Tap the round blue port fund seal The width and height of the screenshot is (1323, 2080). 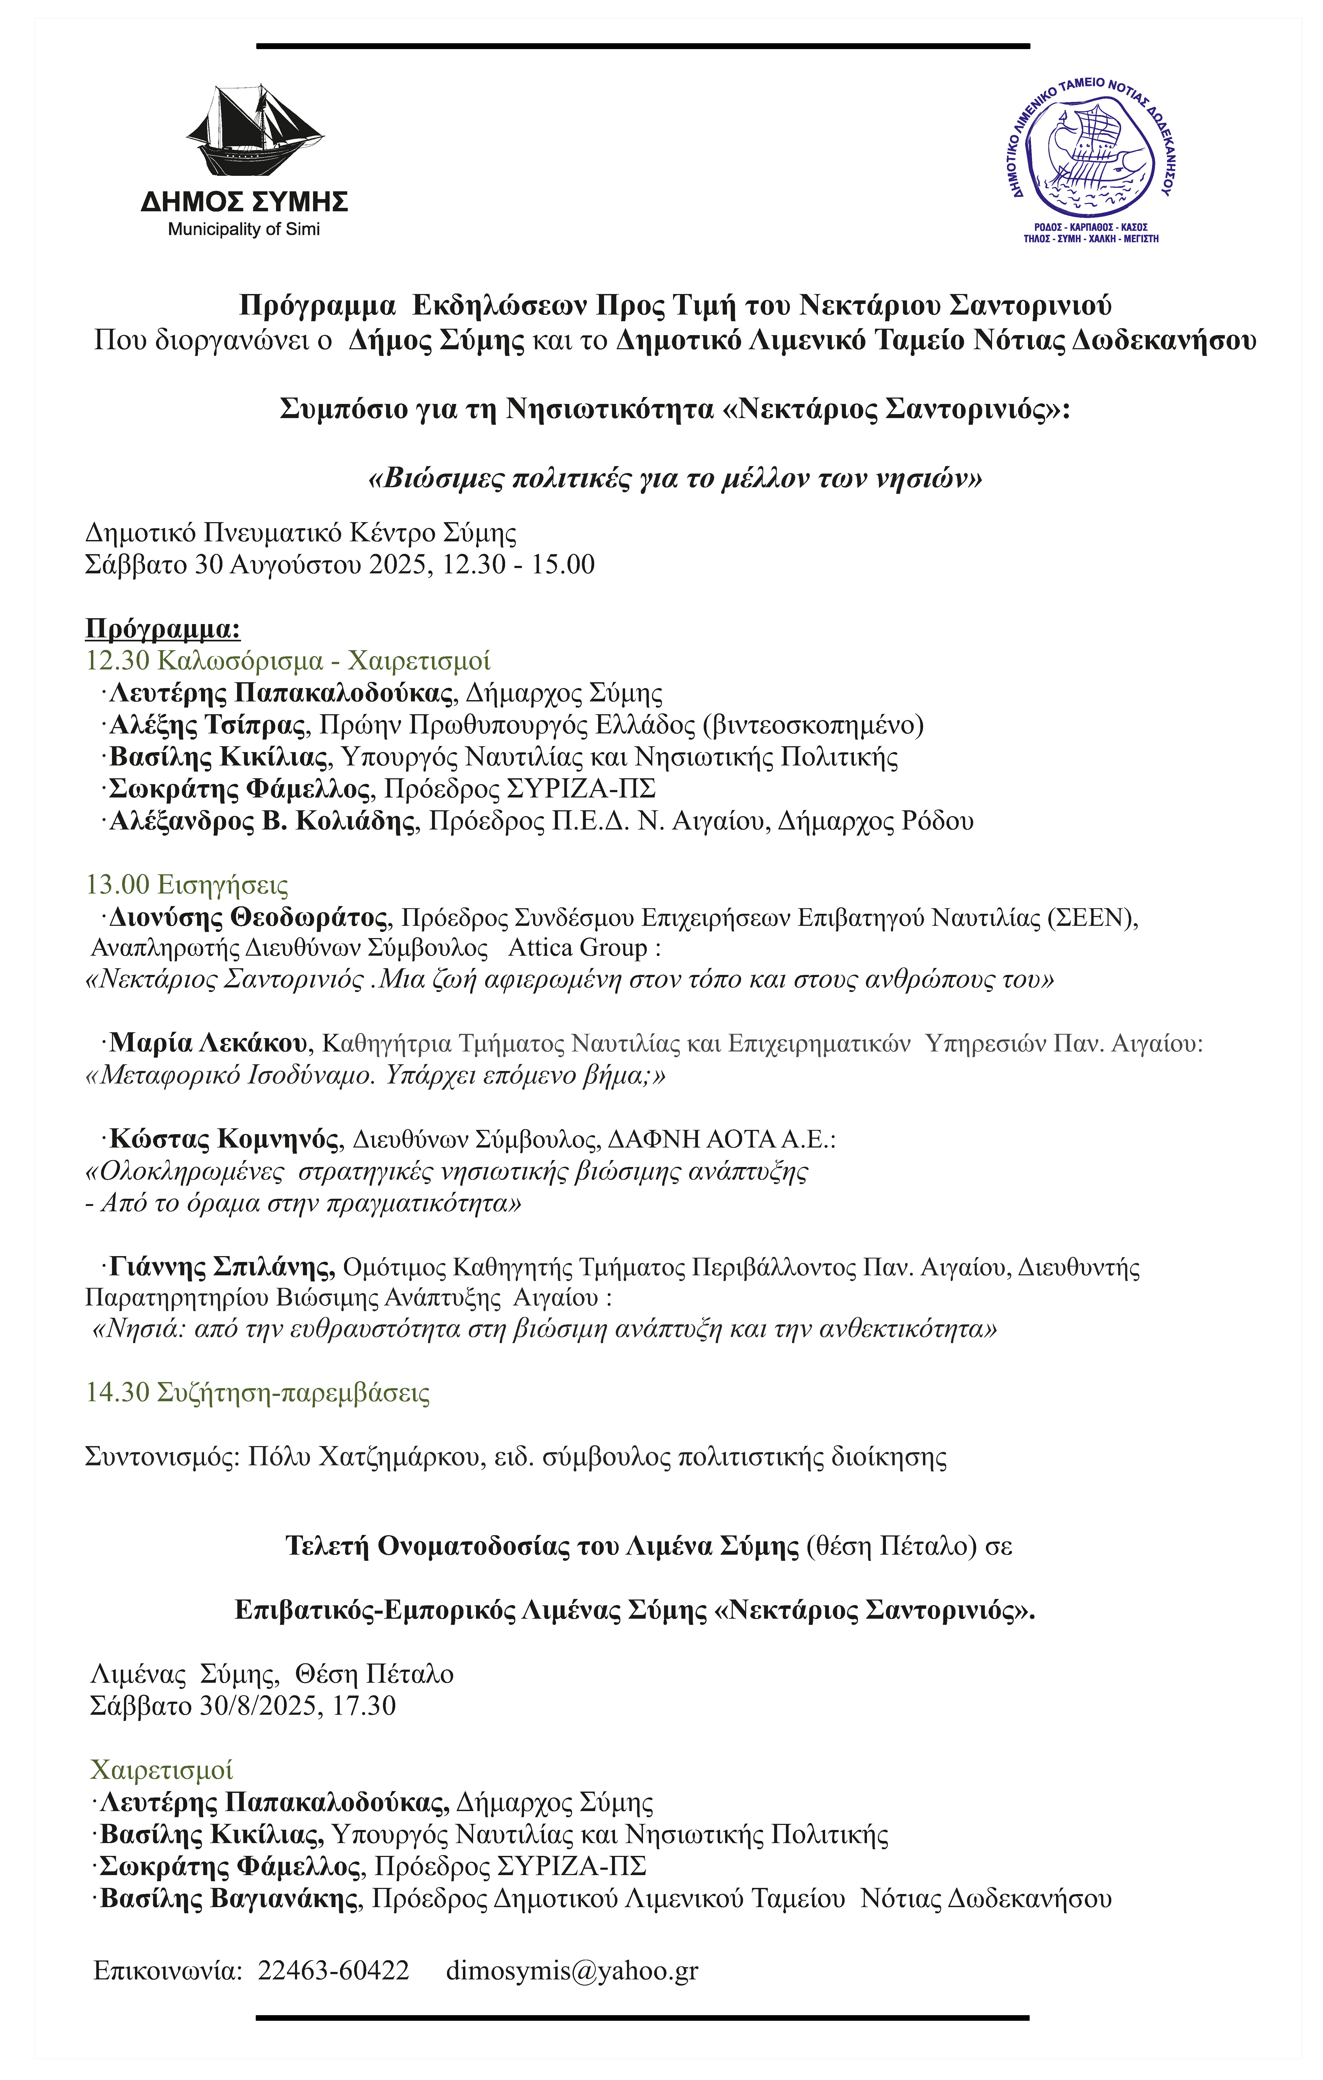pyautogui.click(x=1092, y=153)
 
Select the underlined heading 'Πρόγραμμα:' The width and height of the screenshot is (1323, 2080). pyautogui.click(x=162, y=629)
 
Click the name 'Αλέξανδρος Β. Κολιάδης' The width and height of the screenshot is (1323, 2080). pyautogui.click(x=262, y=821)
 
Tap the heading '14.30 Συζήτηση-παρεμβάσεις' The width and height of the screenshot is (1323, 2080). pyautogui.click(x=257, y=1393)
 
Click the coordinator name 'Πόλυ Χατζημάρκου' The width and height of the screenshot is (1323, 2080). pyautogui.click(x=363, y=1457)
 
